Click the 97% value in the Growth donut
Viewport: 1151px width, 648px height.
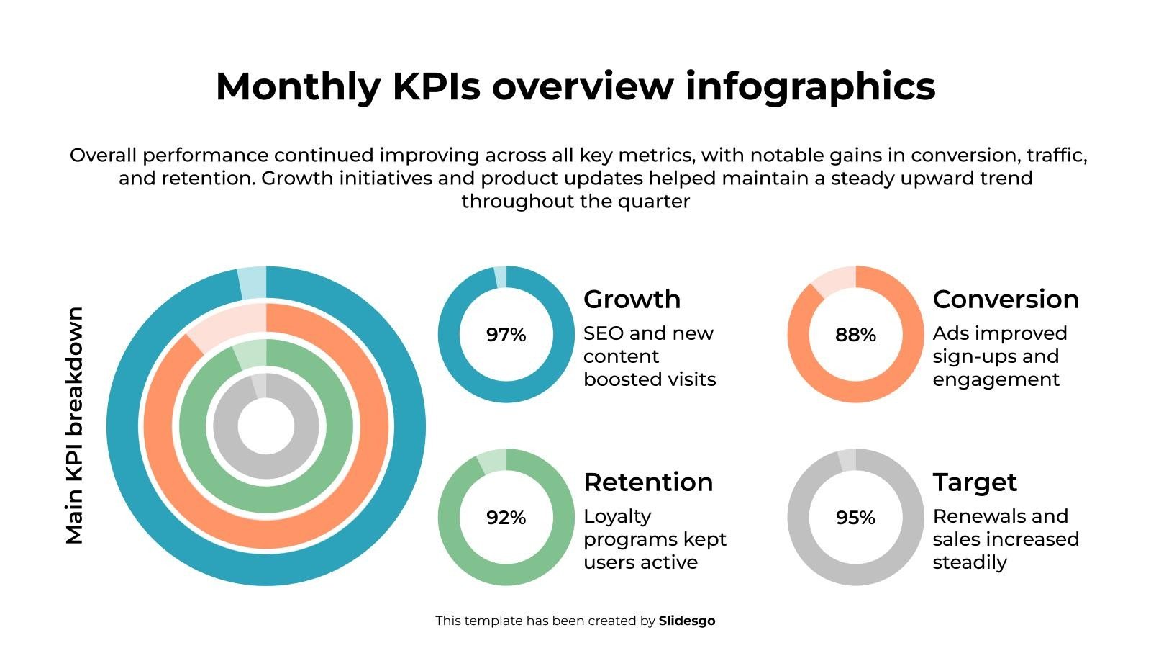pos(506,335)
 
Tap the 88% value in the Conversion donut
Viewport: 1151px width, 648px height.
pos(855,335)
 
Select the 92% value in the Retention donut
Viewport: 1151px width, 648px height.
pos(506,518)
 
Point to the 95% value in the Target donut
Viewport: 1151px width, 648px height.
pos(855,518)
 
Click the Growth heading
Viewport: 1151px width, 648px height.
pos(632,299)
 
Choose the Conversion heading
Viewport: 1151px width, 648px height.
pos(1006,299)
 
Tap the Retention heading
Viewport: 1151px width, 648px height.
pos(648,482)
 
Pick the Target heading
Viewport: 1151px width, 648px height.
pos(975,482)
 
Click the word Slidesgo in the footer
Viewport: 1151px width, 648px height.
pos(687,621)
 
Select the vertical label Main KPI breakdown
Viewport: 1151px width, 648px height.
pos(74,426)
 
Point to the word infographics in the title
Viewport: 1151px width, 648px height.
pos(810,86)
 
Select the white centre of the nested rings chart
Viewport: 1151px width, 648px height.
pos(266,426)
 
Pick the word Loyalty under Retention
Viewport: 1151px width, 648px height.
pos(617,516)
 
